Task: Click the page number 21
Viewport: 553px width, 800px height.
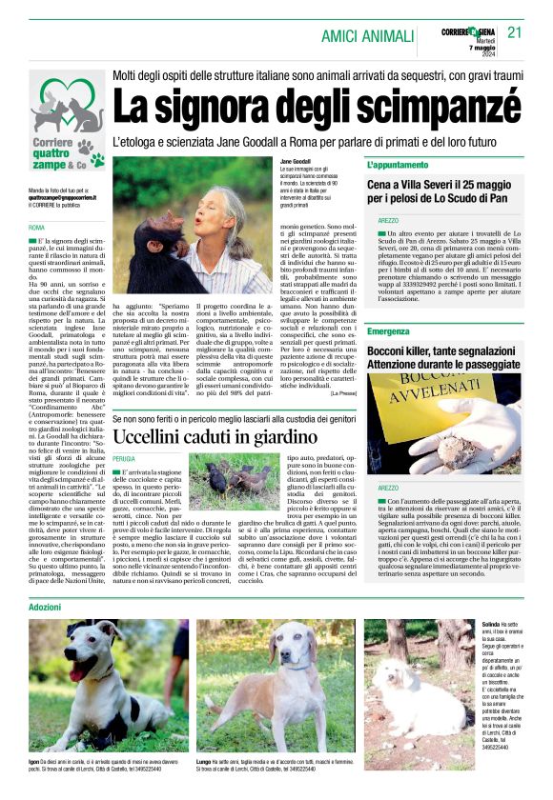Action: point(515,32)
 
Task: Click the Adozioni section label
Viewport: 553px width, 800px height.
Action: point(45,607)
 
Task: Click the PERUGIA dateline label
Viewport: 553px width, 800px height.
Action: point(124,459)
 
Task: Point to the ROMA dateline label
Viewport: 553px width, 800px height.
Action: point(36,229)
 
